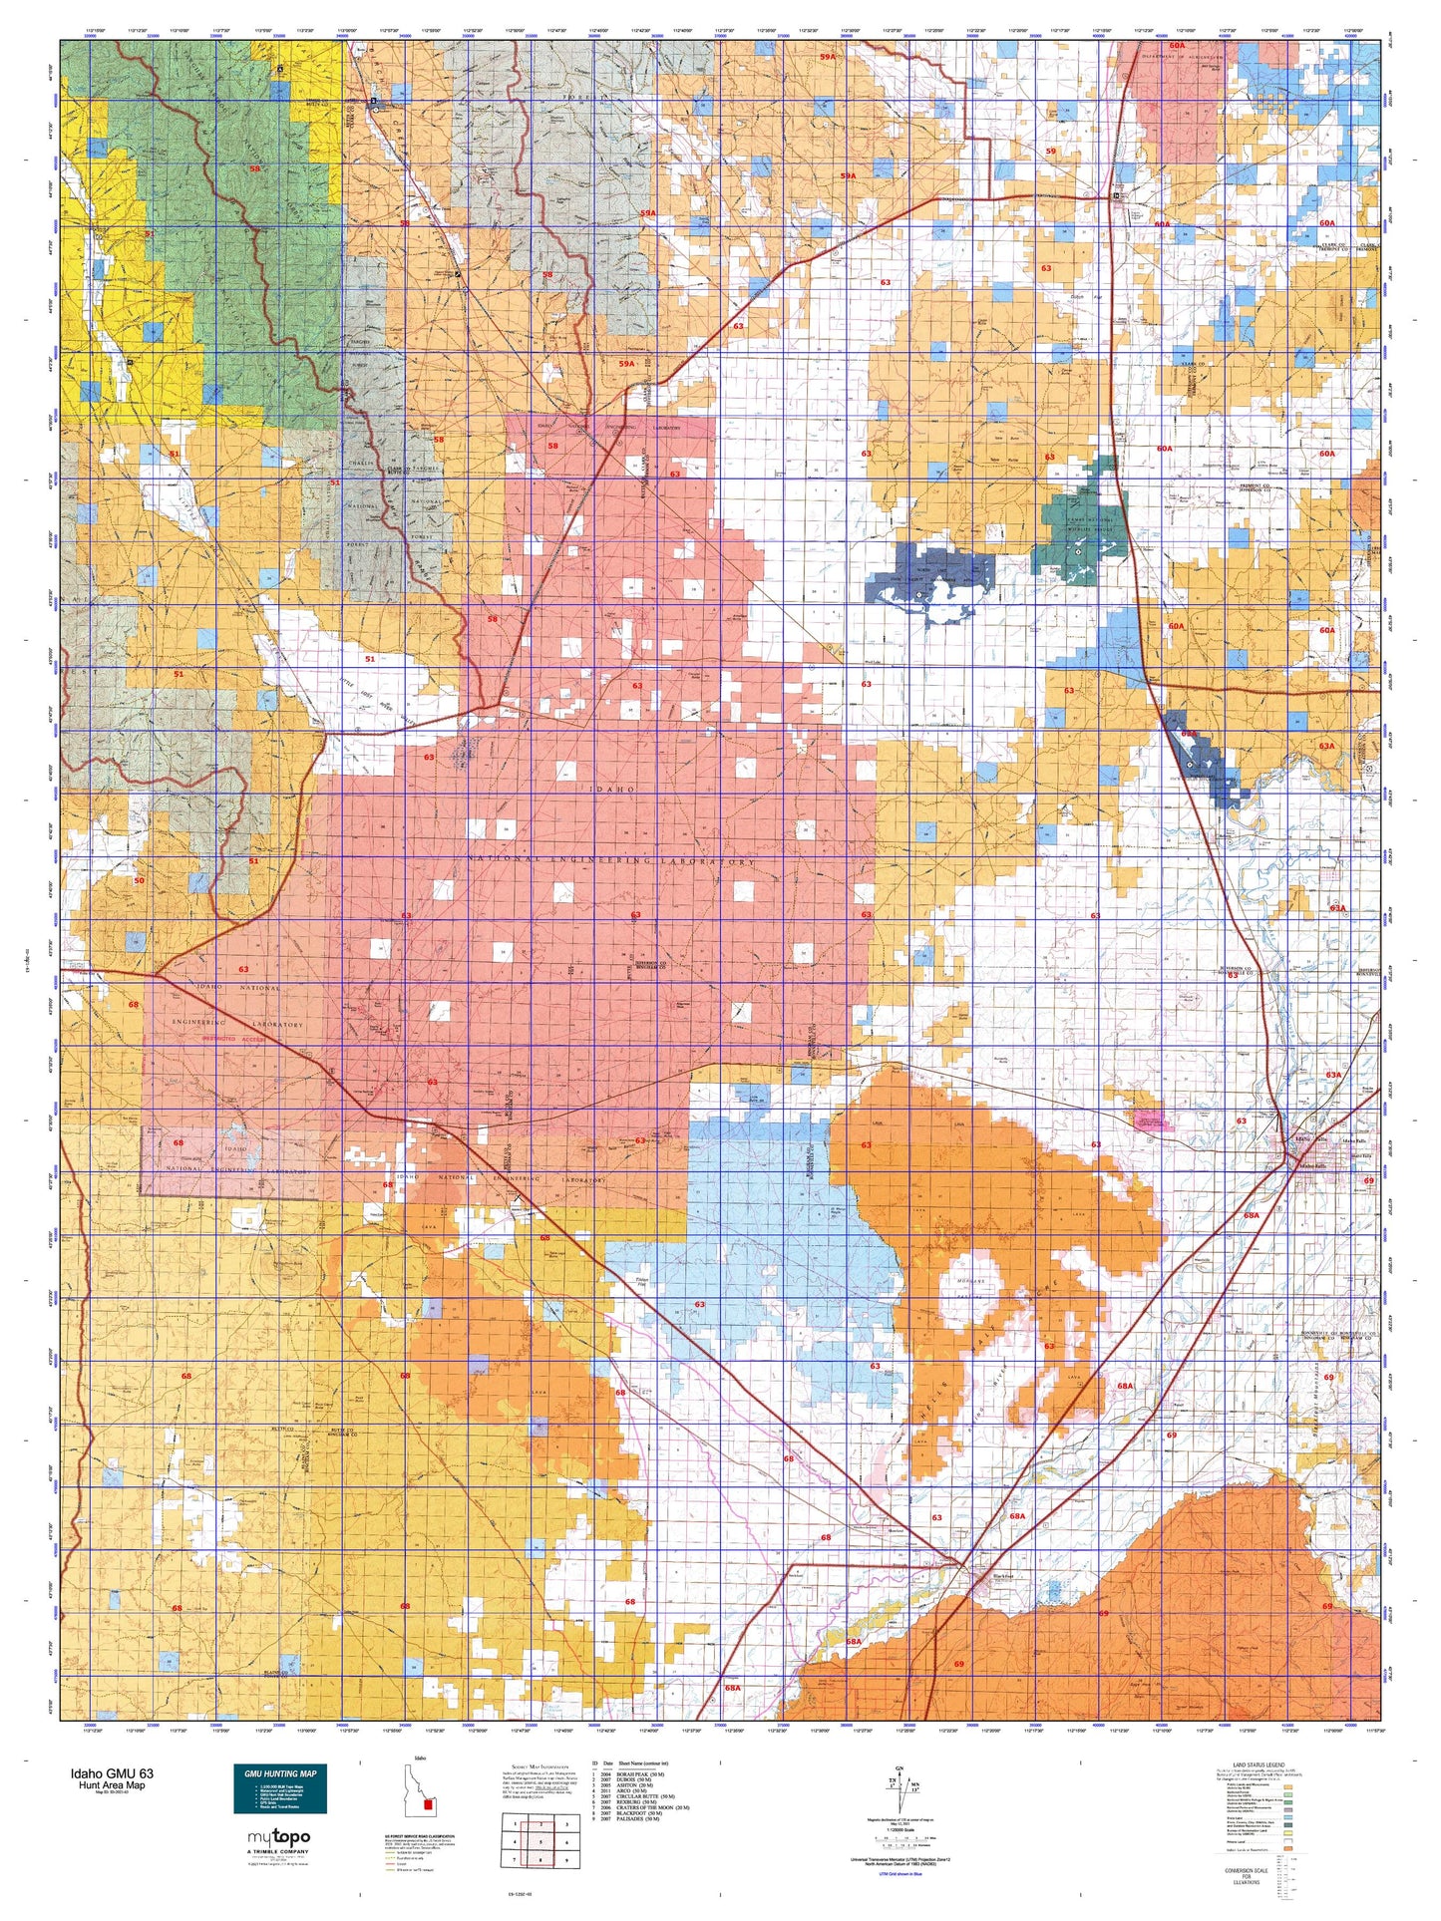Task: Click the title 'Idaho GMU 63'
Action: pos(112,1773)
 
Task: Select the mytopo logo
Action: pos(278,1837)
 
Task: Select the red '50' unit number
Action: pos(139,880)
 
